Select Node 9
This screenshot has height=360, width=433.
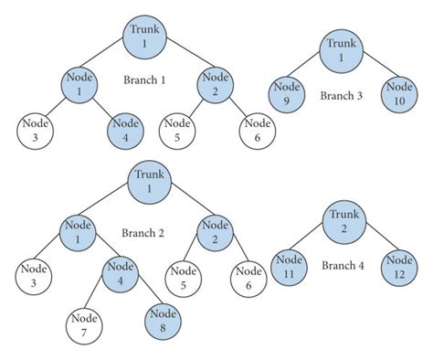285,95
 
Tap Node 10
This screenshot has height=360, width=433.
399,95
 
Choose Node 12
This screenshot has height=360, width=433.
399,266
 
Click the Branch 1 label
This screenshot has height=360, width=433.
143,79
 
